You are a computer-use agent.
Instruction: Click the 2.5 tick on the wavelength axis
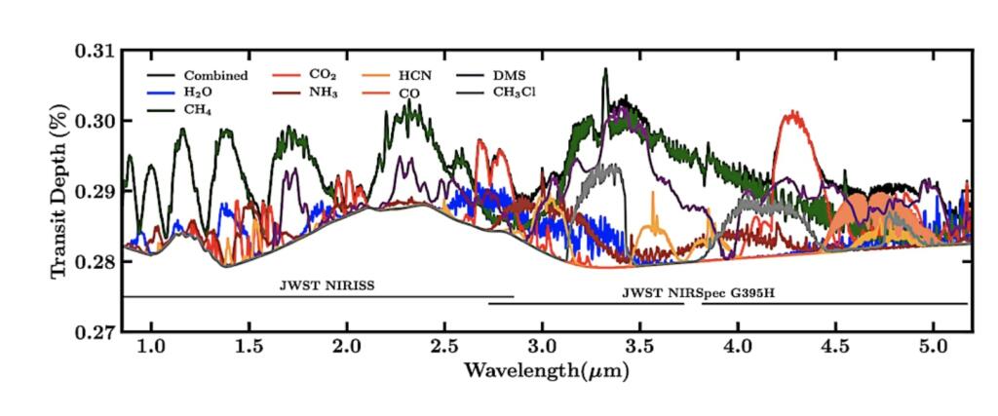[444, 347]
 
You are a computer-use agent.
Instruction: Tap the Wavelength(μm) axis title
[546, 371]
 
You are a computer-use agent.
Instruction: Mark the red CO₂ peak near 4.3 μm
[793, 115]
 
